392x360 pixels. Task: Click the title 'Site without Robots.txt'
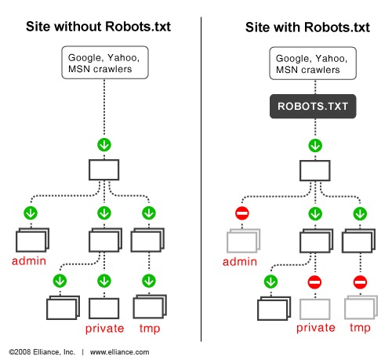tap(99, 27)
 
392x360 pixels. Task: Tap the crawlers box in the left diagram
tap(103, 62)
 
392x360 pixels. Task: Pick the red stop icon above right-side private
tap(314, 281)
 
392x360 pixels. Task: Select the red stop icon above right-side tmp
tap(361, 281)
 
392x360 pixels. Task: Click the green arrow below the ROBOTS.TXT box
tap(314, 145)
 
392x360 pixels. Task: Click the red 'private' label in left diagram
tap(103, 327)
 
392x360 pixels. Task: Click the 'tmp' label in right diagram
tap(361, 327)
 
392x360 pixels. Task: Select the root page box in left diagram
tap(103, 170)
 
